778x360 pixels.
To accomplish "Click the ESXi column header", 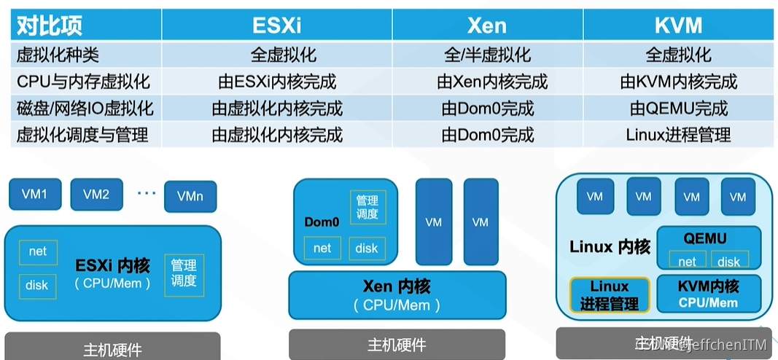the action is pyautogui.click(x=276, y=26).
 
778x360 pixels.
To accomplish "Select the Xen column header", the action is pyautogui.click(x=487, y=26).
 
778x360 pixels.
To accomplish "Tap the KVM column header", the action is pyautogui.click(x=678, y=26).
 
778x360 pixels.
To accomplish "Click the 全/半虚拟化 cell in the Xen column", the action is pyautogui.click(x=487, y=55).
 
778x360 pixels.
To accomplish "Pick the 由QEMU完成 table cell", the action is pyautogui.click(x=678, y=109).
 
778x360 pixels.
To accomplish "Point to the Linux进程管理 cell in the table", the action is pyautogui.click(x=678, y=135).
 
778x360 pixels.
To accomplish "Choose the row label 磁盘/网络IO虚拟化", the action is pyautogui.click(x=85, y=109).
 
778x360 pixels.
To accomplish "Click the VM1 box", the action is pyautogui.click(x=34, y=195).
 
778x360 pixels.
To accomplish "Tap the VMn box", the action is pyautogui.click(x=190, y=197).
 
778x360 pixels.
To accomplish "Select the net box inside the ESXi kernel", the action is pyautogui.click(x=38, y=251).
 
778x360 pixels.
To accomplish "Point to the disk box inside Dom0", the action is pyautogui.click(x=367, y=249).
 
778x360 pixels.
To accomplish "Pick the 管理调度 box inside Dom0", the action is pyautogui.click(x=367, y=207).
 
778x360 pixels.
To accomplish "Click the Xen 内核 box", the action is pyautogui.click(x=397, y=294).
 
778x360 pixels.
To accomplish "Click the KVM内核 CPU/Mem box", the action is pyautogui.click(x=709, y=294).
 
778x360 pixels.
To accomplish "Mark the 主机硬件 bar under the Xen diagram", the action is pyautogui.click(x=397, y=344).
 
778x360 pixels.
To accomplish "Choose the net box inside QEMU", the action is pyautogui.click(x=686, y=261).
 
